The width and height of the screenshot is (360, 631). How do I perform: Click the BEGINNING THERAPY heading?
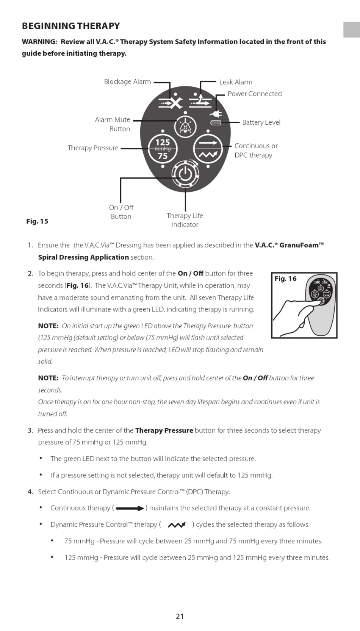[71, 26]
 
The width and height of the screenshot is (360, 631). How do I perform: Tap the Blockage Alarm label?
[127, 82]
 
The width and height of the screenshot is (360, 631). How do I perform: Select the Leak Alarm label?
[235, 82]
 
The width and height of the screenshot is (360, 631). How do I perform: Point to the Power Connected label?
[254, 94]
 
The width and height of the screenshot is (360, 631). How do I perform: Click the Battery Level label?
[261, 122]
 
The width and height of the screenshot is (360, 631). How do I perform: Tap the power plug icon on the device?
[216, 113]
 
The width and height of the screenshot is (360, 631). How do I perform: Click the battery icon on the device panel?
[216, 123]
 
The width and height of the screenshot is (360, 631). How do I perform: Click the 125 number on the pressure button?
[163, 142]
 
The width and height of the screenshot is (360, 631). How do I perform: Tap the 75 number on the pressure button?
[163, 156]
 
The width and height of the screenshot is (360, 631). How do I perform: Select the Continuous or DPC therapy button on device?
[208, 149]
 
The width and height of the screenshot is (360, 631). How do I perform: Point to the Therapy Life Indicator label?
[185, 220]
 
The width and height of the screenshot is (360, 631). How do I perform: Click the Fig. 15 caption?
[37, 221]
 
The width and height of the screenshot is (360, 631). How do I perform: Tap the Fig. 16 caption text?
[285, 279]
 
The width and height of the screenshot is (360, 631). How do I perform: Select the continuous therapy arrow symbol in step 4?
[130, 509]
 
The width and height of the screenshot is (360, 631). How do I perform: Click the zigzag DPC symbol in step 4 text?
[177, 525]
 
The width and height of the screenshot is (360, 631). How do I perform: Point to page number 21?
[180, 616]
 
